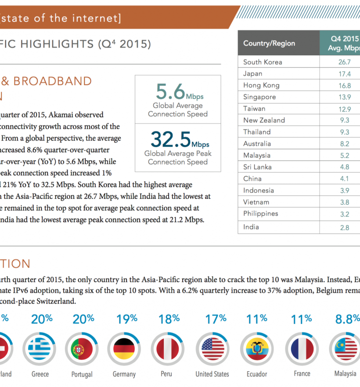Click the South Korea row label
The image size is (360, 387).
(x=263, y=62)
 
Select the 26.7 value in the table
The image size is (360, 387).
(x=344, y=62)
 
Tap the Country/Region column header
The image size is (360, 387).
(x=269, y=43)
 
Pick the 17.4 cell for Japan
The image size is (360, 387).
(x=344, y=74)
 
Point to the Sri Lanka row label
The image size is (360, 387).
(x=257, y=167)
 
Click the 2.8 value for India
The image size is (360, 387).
(x=344, y=227)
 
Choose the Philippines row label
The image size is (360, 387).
(x=260, y=214)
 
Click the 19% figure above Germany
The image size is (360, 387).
(x=127, y=319)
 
